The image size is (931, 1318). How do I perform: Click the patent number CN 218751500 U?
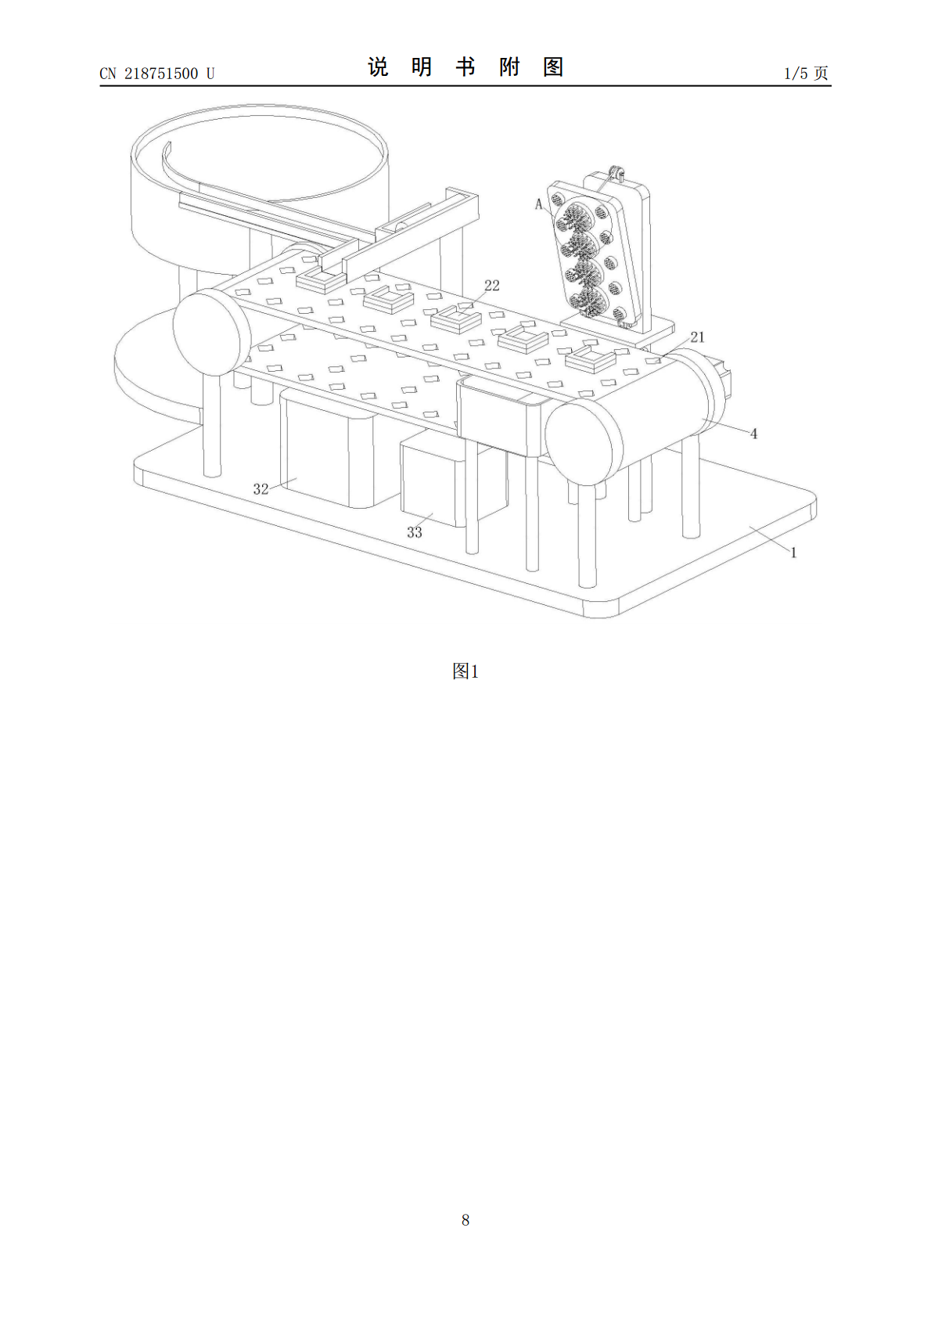point(157,74)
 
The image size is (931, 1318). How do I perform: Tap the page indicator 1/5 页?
point(807,73)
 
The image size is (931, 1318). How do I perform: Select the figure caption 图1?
point(465,672)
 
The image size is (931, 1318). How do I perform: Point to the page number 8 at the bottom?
point(465,1220)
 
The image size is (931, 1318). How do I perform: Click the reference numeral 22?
point(491,286)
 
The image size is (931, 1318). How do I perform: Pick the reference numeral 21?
point(697,337)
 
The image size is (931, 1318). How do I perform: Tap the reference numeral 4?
point(753,434)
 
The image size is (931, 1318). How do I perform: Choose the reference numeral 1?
point(793,553)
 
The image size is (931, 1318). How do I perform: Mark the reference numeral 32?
point(261,489)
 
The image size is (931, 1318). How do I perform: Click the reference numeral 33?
point(415,532)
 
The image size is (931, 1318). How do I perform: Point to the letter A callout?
point(538,205)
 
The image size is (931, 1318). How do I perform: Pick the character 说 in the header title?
point(378,67)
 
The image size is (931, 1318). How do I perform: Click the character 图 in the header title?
point(553,67)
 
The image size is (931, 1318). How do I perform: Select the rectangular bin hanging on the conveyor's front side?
point(503,418)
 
